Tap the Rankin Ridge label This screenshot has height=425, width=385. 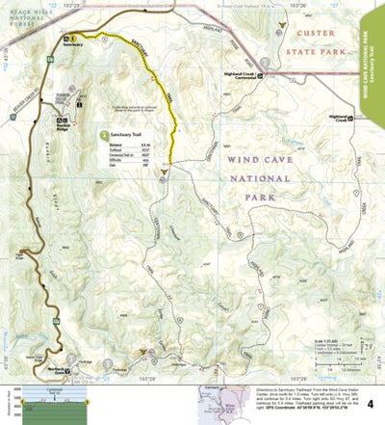[66, 125]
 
